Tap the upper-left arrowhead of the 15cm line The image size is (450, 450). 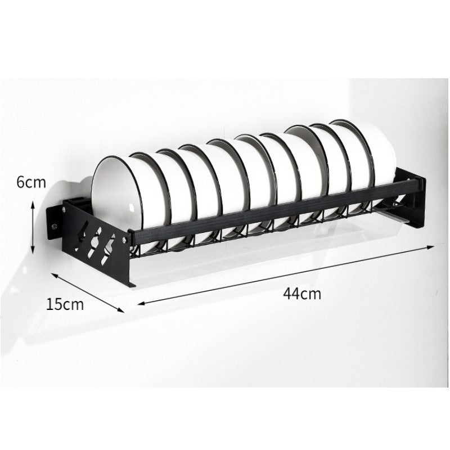tap(53, 275)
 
